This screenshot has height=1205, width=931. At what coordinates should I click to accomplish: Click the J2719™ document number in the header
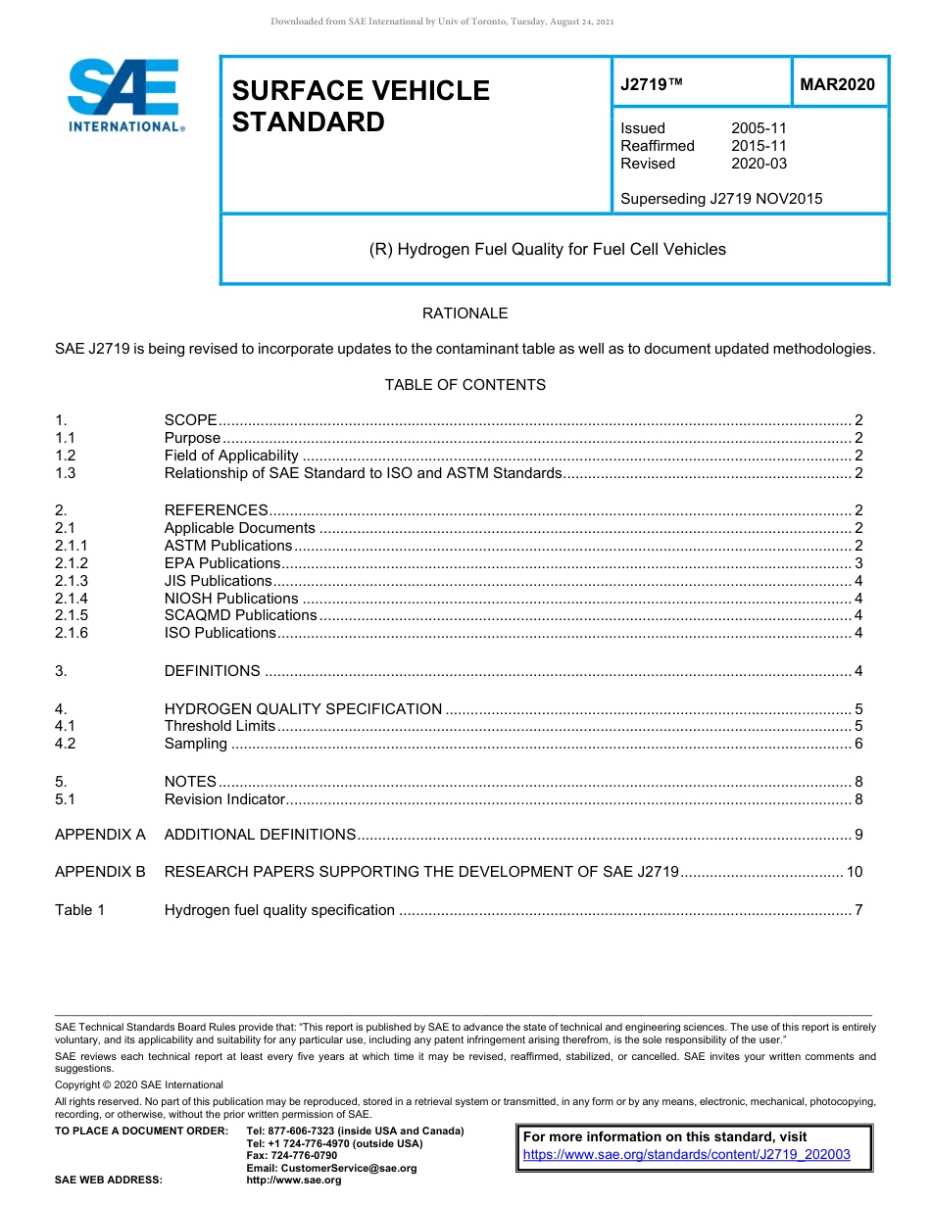[x=652, y=85]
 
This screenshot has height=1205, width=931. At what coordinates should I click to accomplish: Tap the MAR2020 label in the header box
[x=837, y=85]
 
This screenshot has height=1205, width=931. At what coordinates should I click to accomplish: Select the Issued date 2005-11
[x=759, y=128]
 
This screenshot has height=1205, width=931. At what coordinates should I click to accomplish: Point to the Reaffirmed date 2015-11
[x=759, y=146]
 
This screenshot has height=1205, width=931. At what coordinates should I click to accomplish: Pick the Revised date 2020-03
[x=759, y=164]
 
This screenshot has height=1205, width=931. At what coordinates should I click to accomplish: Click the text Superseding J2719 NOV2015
[x=721, y=199]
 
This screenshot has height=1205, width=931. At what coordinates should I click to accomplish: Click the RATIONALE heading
[x=465, y=313]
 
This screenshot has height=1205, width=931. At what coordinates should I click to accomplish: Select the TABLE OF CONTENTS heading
[x=465, y=385]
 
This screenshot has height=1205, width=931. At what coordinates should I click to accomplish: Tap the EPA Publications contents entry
[x=222, y=563]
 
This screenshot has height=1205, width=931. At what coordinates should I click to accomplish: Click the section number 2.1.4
[x=72, y=599]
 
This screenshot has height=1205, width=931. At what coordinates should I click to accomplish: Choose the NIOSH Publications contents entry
[x=231, y=599]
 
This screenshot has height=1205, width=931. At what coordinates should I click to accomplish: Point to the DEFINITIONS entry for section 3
[x=213, y=671]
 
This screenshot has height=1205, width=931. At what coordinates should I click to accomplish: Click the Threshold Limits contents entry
[x=220, y=726]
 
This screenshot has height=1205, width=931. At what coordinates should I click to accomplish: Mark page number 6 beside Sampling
[x=858, y=744]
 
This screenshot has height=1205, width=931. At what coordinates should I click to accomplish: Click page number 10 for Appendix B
[x=855, y=872]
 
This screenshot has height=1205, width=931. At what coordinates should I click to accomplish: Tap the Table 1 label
[x=80, y=910]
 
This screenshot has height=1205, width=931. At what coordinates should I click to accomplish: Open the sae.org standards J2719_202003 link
[x=687, y=1155]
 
